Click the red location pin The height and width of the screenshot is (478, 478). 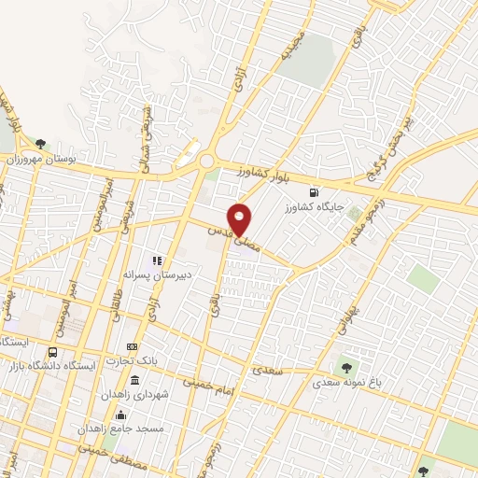coord(241,218)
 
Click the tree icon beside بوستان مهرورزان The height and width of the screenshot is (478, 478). coord(40,143)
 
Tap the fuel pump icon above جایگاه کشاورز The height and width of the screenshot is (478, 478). coord(325,168)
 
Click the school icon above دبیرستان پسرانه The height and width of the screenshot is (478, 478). coord(157,260)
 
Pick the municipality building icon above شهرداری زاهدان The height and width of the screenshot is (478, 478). coord(136,381)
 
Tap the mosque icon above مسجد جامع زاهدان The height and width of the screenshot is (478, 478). coord(119,415)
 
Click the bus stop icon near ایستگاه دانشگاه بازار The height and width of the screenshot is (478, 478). coord(52,354)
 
